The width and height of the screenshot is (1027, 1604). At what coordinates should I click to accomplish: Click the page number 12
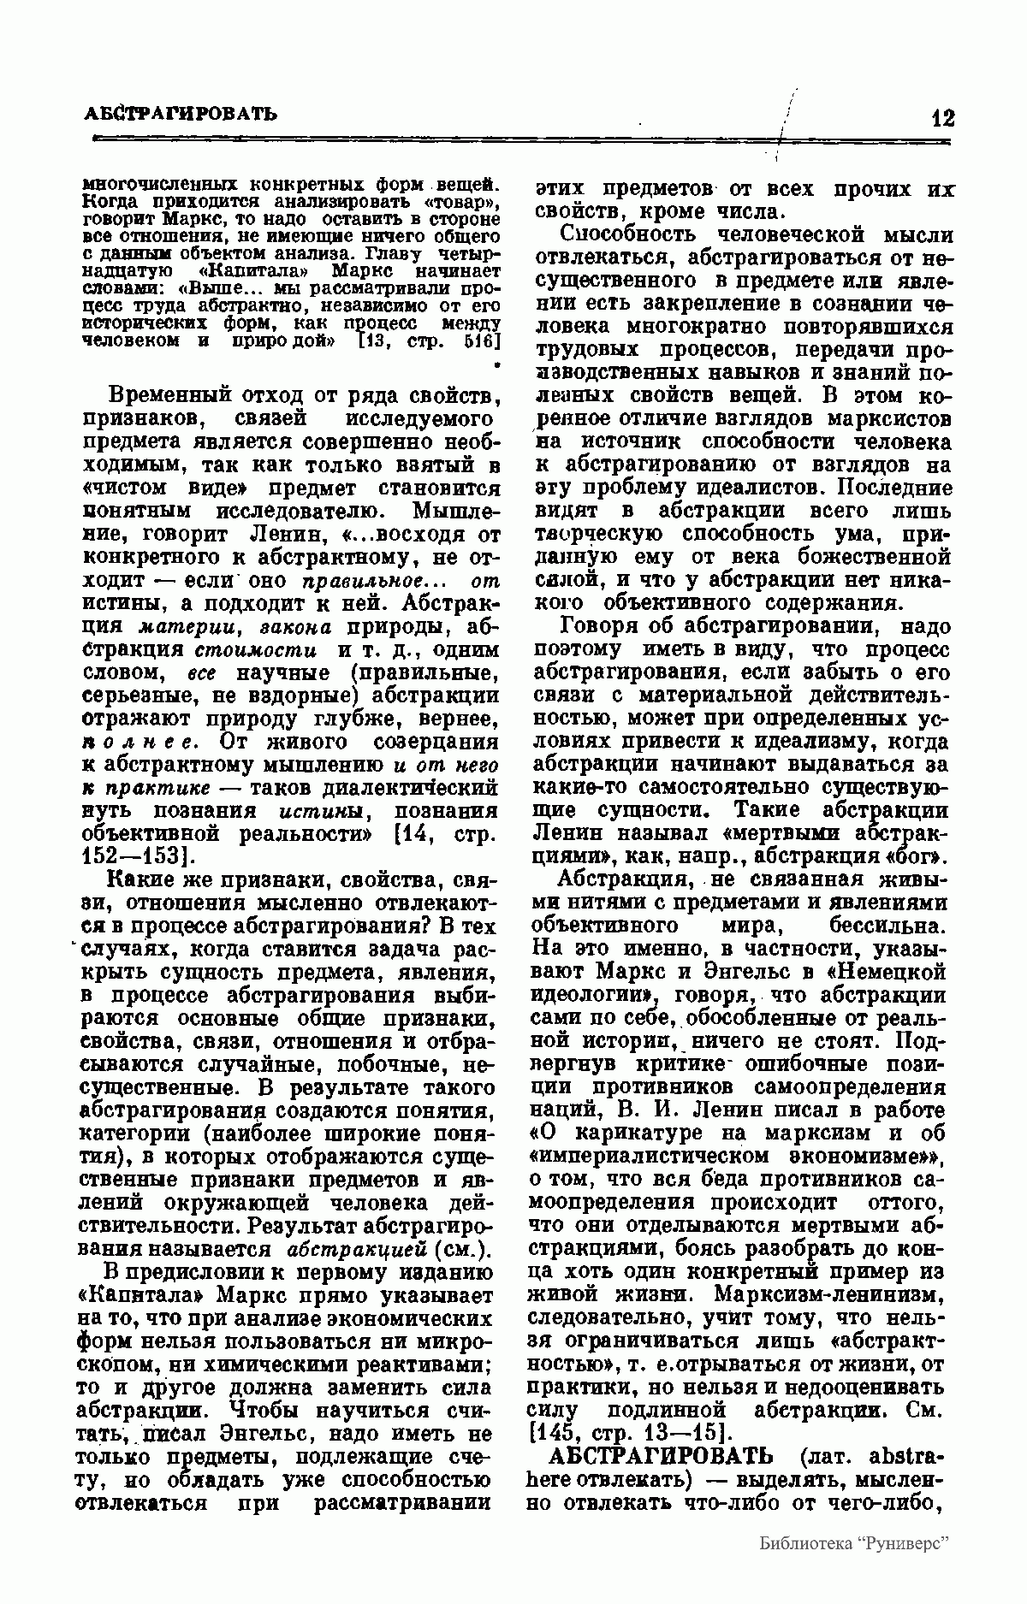[x=942, y=118]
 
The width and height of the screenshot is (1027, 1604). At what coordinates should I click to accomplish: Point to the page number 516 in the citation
[x=479, y=340]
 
